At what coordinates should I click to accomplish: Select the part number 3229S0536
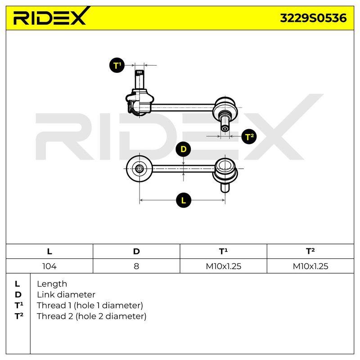313,18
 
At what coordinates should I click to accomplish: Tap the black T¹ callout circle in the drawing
117,65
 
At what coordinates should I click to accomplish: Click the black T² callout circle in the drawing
249,137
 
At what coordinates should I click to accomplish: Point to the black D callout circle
183,149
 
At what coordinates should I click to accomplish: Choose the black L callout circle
184,200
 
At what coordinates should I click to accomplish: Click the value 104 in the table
49,266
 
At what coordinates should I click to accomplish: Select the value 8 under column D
136,266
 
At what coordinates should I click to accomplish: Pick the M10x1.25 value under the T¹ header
223,266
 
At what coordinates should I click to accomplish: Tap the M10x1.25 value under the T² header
310,266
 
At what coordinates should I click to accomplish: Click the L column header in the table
49,252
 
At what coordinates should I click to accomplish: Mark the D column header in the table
136,252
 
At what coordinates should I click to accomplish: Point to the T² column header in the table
310,251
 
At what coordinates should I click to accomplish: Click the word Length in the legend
52,284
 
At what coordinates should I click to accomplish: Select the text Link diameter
66,295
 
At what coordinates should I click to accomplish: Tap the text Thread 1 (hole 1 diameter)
90,306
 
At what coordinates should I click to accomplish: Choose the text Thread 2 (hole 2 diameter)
91,316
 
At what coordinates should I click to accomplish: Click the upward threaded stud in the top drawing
139,80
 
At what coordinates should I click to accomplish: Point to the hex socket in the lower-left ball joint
139,169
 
